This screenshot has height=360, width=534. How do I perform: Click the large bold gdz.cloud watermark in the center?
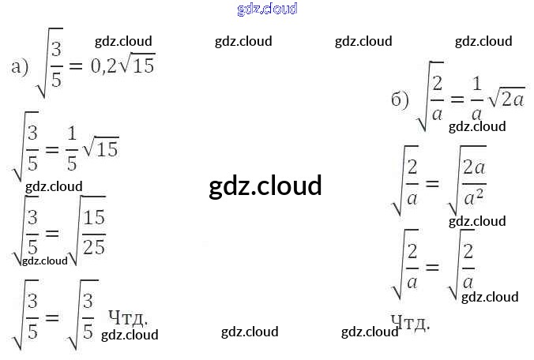265,186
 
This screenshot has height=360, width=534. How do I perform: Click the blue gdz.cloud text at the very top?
267,9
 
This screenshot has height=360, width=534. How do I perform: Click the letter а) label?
20,66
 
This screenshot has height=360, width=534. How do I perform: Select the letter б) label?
400,99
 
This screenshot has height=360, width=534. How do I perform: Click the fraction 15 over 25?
94,232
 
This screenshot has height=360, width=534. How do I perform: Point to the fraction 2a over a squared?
473,183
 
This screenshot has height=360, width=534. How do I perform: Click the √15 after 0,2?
141,66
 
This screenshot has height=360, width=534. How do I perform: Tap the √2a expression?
506,99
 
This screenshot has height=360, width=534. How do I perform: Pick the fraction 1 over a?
476,99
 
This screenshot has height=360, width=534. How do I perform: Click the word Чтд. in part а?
128,317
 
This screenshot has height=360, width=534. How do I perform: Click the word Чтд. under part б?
410,322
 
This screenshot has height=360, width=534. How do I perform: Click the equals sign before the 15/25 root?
52,234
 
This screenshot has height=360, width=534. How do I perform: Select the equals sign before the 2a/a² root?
431,183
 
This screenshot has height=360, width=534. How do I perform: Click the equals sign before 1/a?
457,99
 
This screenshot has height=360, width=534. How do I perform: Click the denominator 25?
94,246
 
